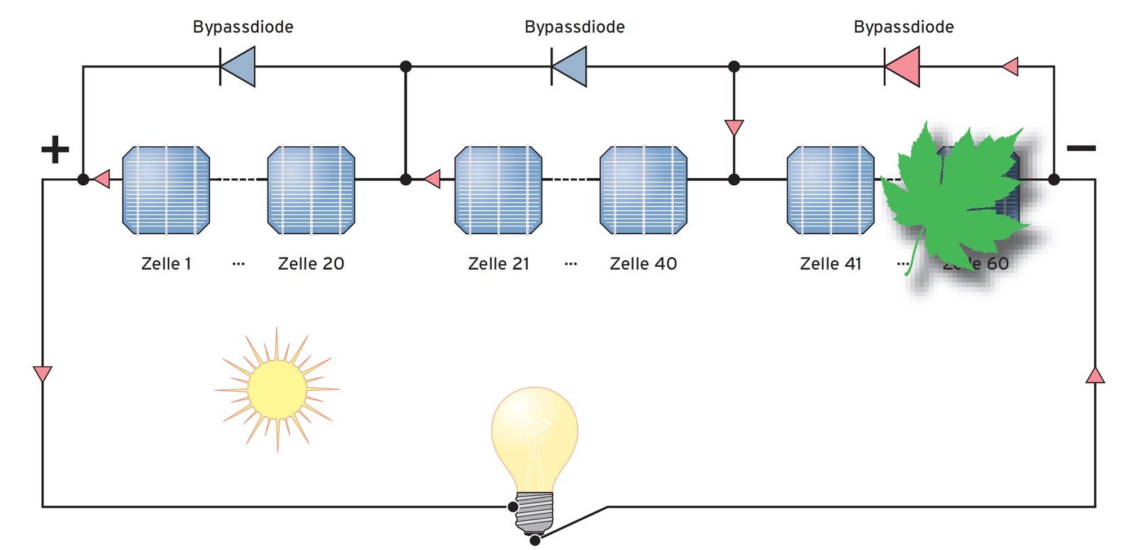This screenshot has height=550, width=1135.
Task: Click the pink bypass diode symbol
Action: (903, 67)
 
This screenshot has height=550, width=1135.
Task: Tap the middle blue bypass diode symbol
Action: (570, 67)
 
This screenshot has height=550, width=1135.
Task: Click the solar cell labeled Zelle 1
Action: (166, 190)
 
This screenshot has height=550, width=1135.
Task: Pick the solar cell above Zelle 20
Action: (311, 190)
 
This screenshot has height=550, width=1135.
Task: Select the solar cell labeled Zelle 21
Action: (498, 190)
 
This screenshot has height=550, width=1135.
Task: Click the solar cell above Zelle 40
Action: (643, 190)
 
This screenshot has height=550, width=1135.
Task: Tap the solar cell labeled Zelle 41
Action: (831, 190)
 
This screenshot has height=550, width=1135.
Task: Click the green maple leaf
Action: (954, 195)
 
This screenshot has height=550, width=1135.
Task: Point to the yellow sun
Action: (277, 390)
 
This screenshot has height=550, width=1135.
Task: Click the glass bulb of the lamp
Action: (534, 436)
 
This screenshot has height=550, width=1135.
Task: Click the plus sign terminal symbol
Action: (55, 150)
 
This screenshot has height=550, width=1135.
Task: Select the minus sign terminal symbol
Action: (1081, 148)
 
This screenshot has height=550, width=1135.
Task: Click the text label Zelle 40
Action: (643, 264)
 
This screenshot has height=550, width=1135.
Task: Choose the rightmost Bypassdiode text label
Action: (904, 27)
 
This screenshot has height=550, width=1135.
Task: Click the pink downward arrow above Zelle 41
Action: (734, 128)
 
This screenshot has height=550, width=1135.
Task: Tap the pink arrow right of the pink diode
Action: (1010, 67)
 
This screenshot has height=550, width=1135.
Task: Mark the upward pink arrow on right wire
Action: (1095, 375)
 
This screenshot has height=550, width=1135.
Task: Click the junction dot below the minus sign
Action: (1054, 180)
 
